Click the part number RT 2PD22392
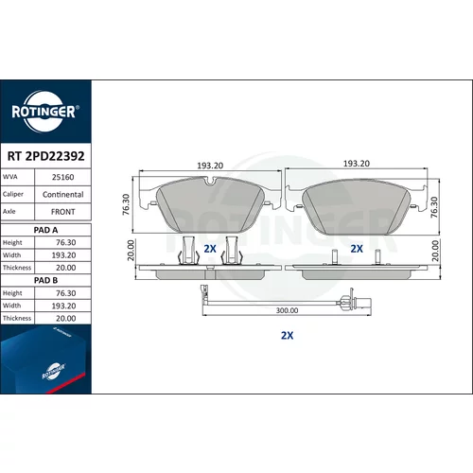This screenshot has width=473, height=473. point(45,156)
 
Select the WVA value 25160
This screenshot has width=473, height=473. point(62,177)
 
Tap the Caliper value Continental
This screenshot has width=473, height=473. point(62,195)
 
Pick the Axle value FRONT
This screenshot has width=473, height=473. point(62,212)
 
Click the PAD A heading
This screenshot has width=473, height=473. point(45,230)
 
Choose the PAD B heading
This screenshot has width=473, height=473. point(45,280)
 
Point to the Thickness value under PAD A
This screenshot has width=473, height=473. point(65,268)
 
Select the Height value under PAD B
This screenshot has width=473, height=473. point(65,293)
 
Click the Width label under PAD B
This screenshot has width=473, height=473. point(11,306)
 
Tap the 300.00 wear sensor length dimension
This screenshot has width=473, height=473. point(287,310)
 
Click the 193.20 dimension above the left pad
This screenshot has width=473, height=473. point(210,166)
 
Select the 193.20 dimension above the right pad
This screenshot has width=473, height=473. point(357,164)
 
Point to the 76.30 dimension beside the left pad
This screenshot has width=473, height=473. point(126,204)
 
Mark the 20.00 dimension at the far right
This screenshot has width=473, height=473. point(435,251)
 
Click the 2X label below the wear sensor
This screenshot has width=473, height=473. point(287,335)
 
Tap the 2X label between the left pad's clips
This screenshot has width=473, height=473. point(210,249)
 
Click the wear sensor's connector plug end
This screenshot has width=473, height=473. point(361,302)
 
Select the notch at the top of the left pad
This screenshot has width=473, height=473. point(210,182)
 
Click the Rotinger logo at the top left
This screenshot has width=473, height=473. point(45,112)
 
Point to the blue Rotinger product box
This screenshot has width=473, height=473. point(45,359)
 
